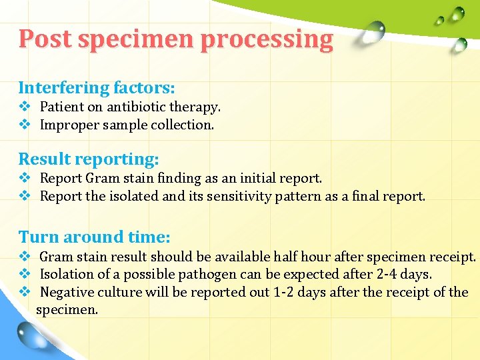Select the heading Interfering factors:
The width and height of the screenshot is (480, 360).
(x=97, y=87)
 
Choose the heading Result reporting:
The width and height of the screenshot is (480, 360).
(x=89, y=159)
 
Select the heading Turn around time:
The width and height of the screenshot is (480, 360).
(x=94, y=237)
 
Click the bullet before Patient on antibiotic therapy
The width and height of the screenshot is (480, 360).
(x=25, y=107)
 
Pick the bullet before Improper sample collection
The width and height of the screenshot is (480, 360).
(x=25, y=125)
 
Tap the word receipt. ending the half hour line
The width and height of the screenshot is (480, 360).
(x=453, y=257)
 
